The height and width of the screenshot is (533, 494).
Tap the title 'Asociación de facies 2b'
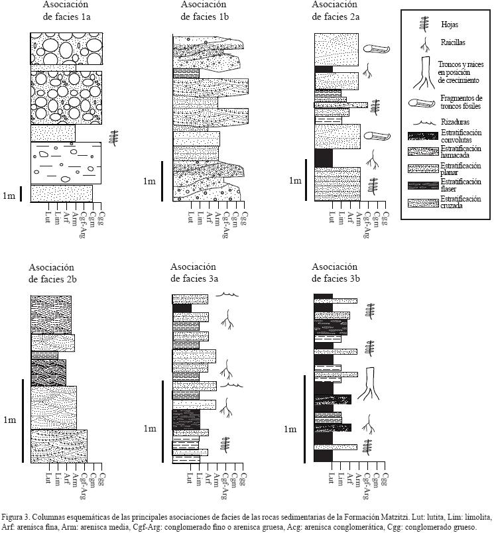56,274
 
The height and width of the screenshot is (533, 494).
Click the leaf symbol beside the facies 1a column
113,137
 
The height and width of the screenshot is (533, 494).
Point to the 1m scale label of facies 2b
10,420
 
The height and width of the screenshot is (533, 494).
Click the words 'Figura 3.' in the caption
16,516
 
